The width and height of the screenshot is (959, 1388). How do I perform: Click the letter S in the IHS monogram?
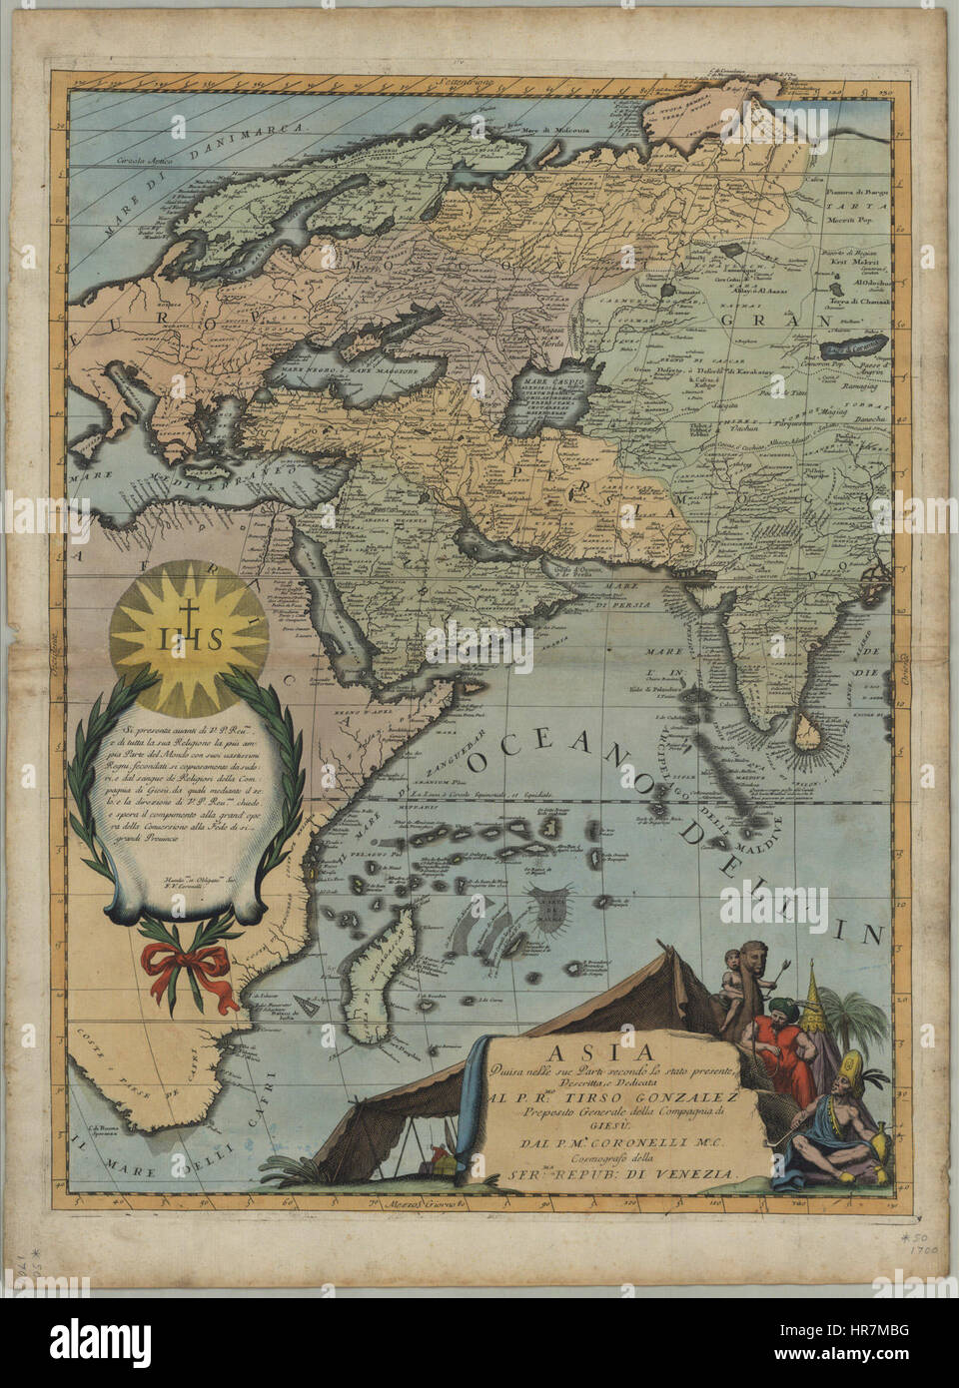click(x=214, y=640)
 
